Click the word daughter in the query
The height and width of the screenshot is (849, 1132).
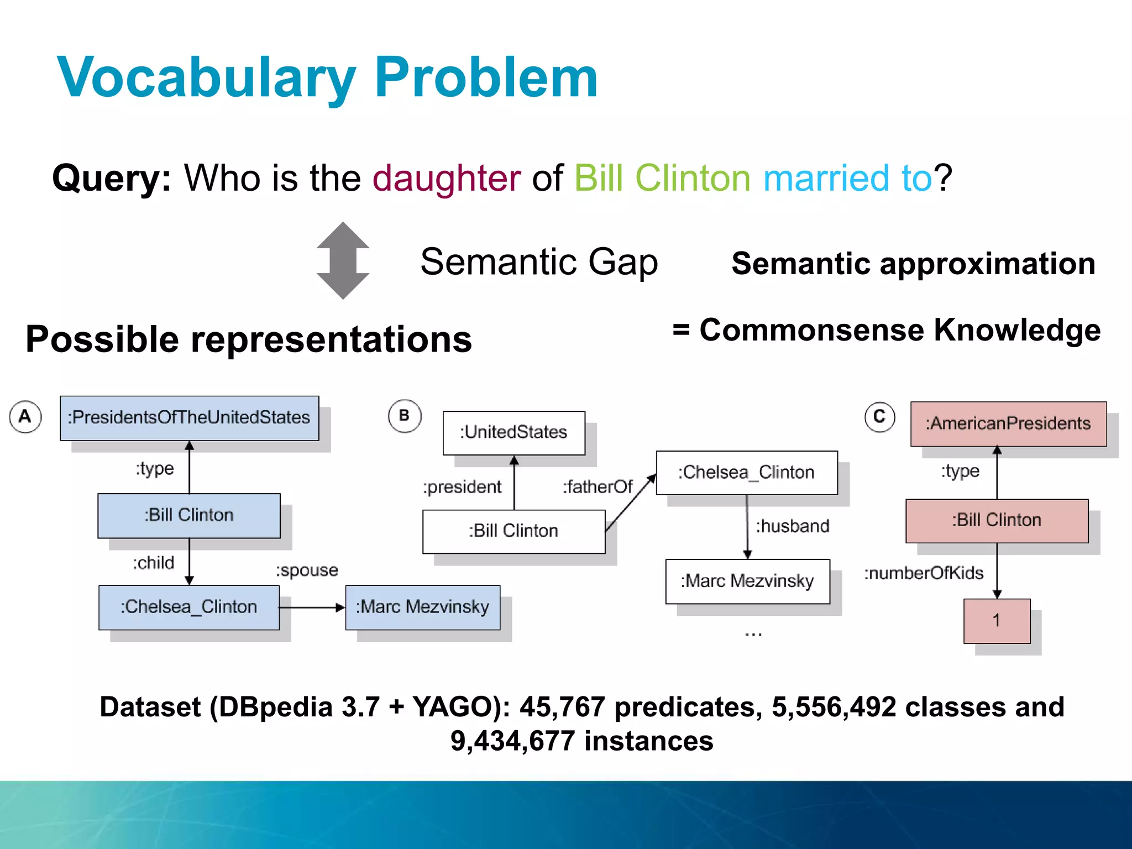pyautogui.click(x=446, y=178)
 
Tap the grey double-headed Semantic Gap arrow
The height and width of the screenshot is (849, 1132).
pyautogui.click(x=343, y=260)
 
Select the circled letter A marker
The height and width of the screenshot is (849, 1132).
pyautogui.click(x=25, y=416)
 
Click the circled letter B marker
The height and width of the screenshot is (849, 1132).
pyautogui.click(x=404, y=416)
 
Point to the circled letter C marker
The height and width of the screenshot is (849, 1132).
pyautogui.click(x=879, y=417)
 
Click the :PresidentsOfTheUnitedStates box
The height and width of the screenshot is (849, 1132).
pyautogui.click(x=189, y=418)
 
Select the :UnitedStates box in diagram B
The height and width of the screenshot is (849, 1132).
pyautogui.click(x=513, y=433)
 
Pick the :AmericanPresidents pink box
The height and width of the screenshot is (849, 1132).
pyautogui.click(x=1008, y=424)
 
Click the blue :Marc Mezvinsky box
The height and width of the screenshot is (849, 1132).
pyautogui.click(x=422, y=607)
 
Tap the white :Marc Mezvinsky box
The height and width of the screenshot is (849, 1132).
pyautogui.click(x=747, y=581)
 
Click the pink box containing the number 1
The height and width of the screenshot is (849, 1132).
pyautogui.click(x=997, y=621)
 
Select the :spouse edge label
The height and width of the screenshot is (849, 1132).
pyautogui.click(x=307, y=570)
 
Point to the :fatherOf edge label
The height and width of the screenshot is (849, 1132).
pyautogui.click(x=598, y=487)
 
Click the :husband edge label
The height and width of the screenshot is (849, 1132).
pyautogui.click(x=792, y=526)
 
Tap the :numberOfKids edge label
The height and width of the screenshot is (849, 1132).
pyautogui.click(x=924, y=573)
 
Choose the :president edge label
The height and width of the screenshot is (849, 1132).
pyautogui.click(x=462, y=487)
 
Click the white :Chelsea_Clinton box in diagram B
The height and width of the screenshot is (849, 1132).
pyautogui.click(x=746, y=473)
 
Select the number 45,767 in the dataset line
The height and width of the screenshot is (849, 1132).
pyautogui.click(x=562, y=707)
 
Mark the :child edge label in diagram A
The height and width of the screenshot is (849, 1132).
pyautogui.click(x=153, y=563)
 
